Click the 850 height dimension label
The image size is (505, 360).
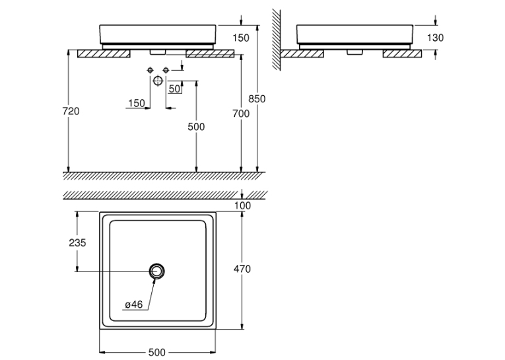coord(257,98)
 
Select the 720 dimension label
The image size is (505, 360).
coord(71,111)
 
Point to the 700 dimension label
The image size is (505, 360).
coord(241,114)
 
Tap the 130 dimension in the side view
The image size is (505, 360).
coord(435,38)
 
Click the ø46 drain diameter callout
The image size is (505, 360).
coord(133,305)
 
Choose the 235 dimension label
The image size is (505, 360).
coord(78,242)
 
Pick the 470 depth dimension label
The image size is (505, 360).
coord(242,269)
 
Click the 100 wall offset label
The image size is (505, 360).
coord(242,205)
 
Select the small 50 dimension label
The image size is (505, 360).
coord(174,89)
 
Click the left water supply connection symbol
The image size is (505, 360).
coord(150,70)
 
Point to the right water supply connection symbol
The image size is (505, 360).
coord(166,70)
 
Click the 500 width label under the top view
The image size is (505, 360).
coord(157,352)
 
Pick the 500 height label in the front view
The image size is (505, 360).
coord(196,127)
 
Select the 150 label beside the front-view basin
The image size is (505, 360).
coord(241,38)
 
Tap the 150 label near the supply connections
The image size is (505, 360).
coord(137,103)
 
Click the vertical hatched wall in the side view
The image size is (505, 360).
coord(276,40)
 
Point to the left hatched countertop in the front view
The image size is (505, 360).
coord(104,54)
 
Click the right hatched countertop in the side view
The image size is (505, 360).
coord(402,54)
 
